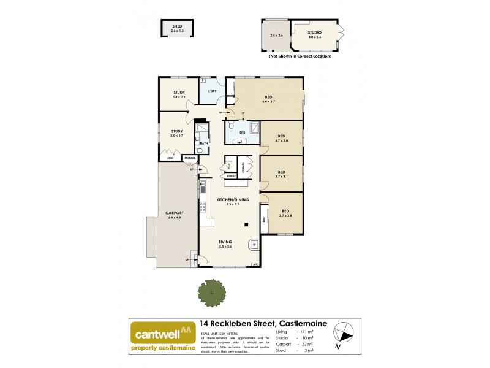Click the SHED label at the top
pos(177,27)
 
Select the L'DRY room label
pos(213,91)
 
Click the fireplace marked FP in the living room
pos(253,245)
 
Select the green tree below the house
pos(212,294)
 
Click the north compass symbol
pos(344,334)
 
